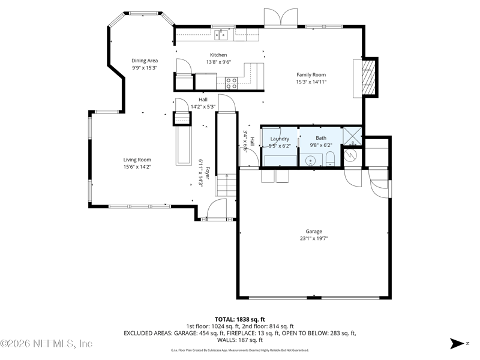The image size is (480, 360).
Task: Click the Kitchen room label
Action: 218,55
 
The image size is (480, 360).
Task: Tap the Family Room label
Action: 311,74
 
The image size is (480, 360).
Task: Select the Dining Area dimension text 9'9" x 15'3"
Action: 145,68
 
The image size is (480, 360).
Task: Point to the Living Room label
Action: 137,160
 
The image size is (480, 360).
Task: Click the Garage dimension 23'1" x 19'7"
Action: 314,238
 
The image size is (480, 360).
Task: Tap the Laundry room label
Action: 280,139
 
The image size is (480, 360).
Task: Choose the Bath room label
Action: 321,138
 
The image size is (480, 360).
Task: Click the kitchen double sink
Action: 221,35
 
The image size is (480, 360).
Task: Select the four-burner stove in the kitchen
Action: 232,83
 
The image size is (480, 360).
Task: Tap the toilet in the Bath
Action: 331,159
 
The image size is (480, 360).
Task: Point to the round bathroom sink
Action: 311,160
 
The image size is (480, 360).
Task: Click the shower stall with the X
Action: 352,136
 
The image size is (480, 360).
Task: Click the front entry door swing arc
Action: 216,208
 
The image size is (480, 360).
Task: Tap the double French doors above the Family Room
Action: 281,18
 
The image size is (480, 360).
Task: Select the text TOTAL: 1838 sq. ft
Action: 239,320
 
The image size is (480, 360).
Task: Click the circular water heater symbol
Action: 350,155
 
